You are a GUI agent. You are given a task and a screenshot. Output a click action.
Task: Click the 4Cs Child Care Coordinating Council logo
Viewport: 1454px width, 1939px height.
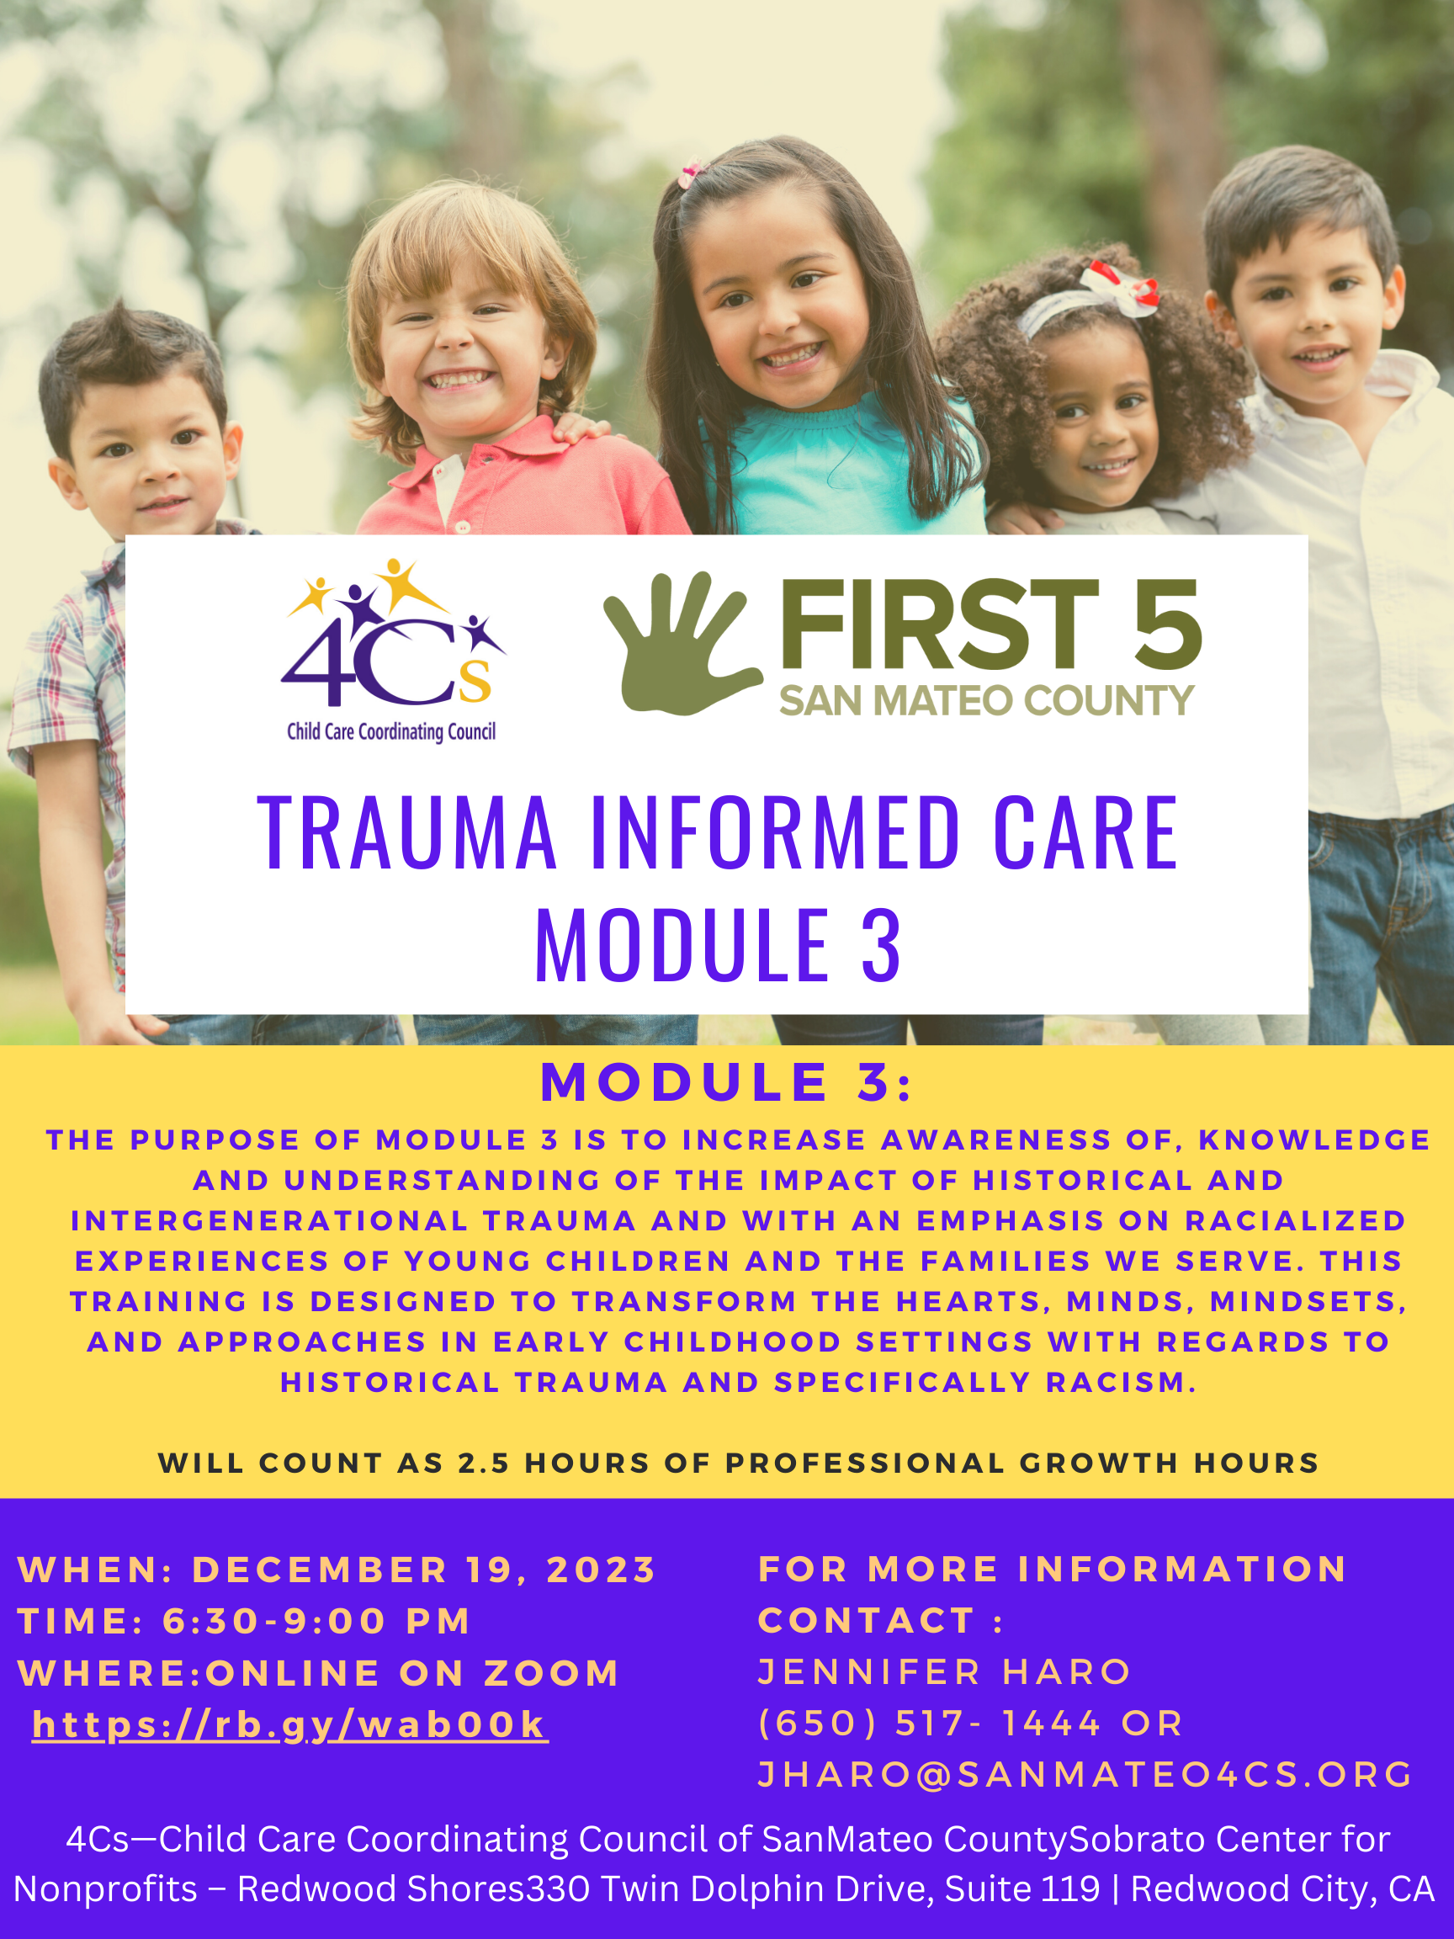click(393, 651)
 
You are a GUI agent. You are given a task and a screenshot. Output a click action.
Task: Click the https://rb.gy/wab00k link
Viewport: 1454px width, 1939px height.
click(290, 1724)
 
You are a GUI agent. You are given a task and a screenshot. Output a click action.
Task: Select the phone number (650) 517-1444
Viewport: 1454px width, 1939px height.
click(930, 1724)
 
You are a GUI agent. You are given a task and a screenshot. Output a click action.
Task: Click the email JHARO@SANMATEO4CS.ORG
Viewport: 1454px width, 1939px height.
click(1085, 1774)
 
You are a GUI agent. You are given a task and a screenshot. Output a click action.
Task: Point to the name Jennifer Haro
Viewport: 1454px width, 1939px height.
click(945, 1671)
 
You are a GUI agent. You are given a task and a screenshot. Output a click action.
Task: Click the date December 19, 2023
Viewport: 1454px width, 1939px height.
click(424, 1570)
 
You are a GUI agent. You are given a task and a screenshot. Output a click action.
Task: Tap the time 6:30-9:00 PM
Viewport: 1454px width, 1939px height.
click(317, 1621)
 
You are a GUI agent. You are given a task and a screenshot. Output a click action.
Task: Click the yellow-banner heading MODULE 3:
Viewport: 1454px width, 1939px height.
click(726, 1081)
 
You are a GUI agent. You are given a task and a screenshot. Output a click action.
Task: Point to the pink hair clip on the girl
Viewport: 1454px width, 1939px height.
click(692, 171)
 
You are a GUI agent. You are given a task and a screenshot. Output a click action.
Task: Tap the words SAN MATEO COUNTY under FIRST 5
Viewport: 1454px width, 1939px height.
click(987, 700)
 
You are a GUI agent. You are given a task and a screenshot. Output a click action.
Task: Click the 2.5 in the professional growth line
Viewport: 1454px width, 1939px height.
click(484, 1463)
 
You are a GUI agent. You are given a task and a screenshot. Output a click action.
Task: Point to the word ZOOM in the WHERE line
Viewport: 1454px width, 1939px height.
click(552, 1673)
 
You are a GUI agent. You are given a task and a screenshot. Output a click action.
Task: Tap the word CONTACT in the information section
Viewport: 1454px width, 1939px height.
click(867, 1621)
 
